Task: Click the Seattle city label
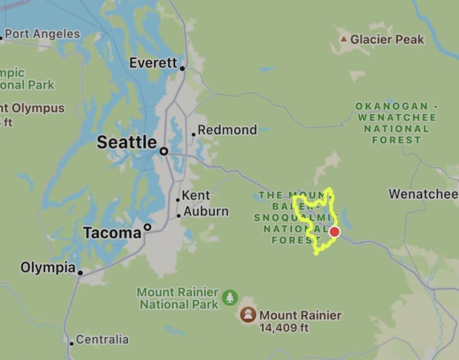click(x=127, y=143)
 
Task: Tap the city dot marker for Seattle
click(x=164, y=152)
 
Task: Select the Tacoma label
click(x=112, y=233)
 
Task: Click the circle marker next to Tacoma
click(x=147, y=227)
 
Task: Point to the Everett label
click(x=153, y=63)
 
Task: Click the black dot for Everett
click(x=182, y=69)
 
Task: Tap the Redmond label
click(x=227, y=130)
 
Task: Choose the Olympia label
click(x=48, y=268)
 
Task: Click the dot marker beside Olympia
click(x=80, y=273)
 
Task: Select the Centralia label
click(x=102, y=339)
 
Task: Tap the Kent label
click(x=196, y=195)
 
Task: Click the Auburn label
click(x=206, y=211)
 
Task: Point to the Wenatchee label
click(x=423, y=194)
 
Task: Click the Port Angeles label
click(x=42, y=34)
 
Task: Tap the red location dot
click(x=334, y=232)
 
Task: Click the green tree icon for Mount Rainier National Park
click(x=230, y=297)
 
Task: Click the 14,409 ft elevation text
click(x=284, y=328)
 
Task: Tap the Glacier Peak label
click(x=387, y=39)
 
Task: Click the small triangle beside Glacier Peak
click(x=344, y=39)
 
